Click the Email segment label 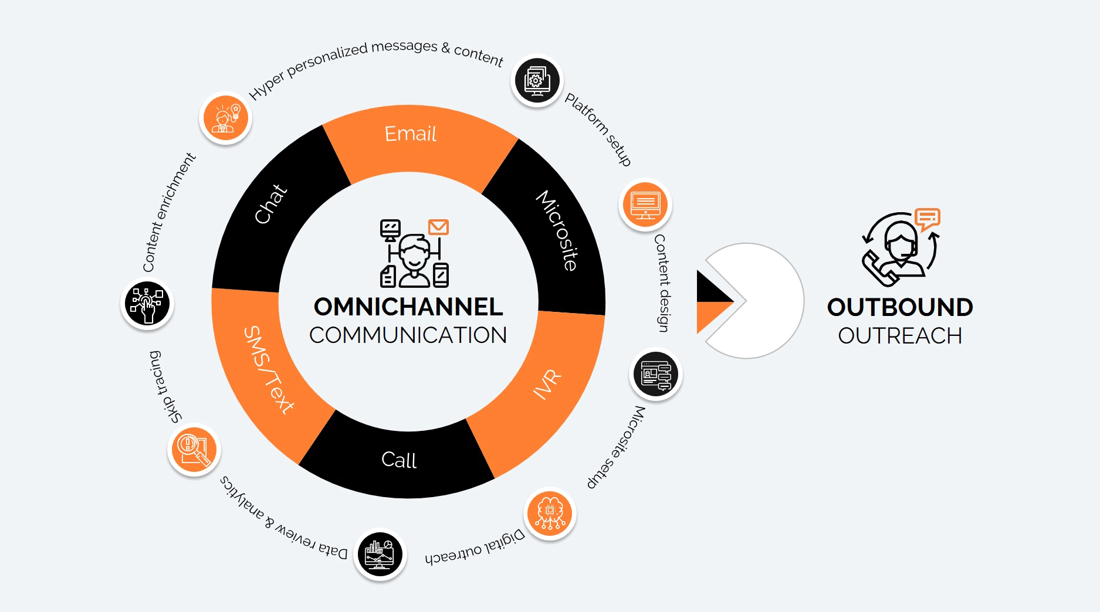tap(410, 134)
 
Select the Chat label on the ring tap(270, 204)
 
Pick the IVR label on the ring tap(547, 385)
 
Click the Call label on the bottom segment tap(399, 460)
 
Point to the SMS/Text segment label tap(269, 370)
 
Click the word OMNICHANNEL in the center tap(408, 307)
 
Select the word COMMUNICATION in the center tap(408, 335)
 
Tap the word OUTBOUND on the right tap(900, 307)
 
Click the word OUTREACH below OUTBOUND tap(900, 336)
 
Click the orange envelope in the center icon tap(438, 227)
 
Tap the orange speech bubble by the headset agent tap(928, 219)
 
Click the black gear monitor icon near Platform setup tap(537, 81)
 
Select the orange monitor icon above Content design tap(645, 205)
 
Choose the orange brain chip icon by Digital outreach tap(550, 514)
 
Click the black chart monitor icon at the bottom tap(380, 554)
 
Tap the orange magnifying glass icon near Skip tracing tap(194, 450)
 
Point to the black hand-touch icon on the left tap(147, 304)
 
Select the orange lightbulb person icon tap(225, 118)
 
